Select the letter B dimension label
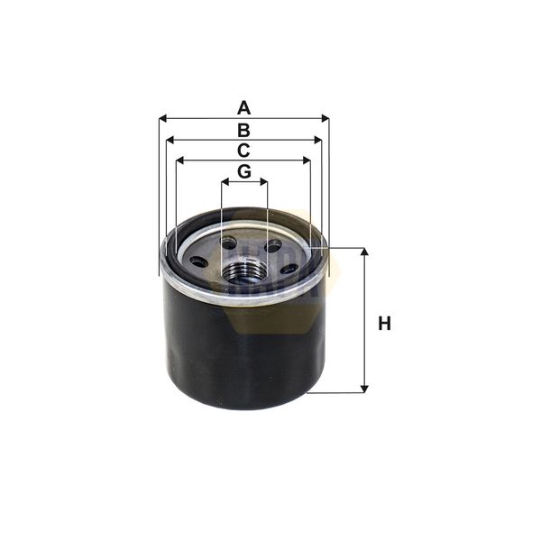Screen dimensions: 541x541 pos(243,131)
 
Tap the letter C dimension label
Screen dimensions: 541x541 pos(243,151)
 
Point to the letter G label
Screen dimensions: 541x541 pos(243,171)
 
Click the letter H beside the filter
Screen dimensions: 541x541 pos(385,323)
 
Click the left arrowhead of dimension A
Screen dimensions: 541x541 pos(162,118)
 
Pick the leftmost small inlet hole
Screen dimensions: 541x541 pos(197,261)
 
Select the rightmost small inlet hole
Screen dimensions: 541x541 pos(289,268)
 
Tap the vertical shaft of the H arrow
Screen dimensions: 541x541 pos(364,320)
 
